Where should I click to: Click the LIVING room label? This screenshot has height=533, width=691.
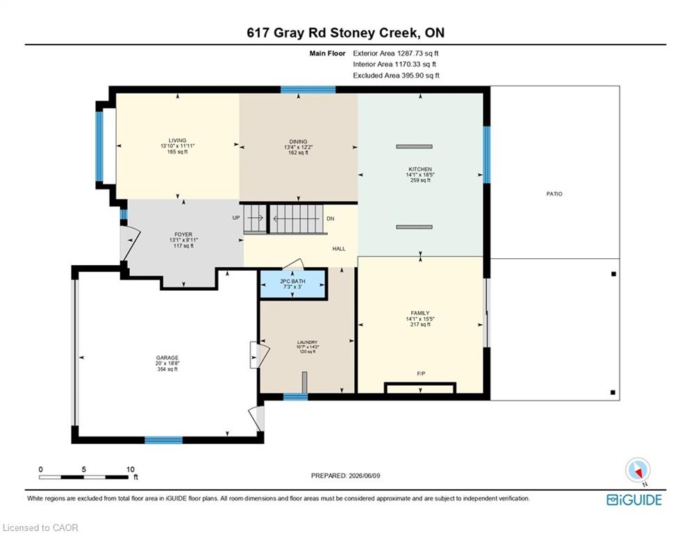pyautogui.click(x=177, y=140)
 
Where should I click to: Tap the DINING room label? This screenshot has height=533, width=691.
pyautogui.click(x=299, y=142)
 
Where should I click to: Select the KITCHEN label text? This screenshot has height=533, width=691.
pyautogui.click(x=420, y=169)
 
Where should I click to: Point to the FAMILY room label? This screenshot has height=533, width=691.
pyautogui.click(x=420, y=313)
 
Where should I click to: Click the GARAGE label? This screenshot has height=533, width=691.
pyautogui.click(x=167, y=357)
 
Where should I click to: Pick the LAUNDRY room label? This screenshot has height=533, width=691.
pyautogui.click(x=307, y=342)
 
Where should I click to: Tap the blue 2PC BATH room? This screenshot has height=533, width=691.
pyautogui.click(x=293, y=284)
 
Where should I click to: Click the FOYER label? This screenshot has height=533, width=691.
pyautogui.click(x=183, y=235)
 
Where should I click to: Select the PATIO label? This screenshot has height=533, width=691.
pyautogui.click(x=554, y=194)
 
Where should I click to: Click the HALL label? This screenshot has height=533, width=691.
pyautogui.click(x=339, y=249)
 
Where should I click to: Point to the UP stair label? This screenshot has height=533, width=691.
pyautogui.click(x=236, y=218)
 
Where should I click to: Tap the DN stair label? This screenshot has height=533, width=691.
pyautogui.click(x=331, y=219)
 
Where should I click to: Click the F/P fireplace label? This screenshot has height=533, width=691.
pyautogui.click(x=422, y=374)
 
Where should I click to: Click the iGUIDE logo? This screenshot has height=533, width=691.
pyautogui.click(x=634, y=500)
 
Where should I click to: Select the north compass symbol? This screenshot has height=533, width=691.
pyautogui.click(x=638, y=471)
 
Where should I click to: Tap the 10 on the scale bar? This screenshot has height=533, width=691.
pyautogui.click(x=130, y=469)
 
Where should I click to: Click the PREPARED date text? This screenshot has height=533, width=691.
pyautogui.click(x=346, y=475)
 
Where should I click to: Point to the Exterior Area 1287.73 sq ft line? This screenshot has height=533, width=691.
pyautogui.click(x=396, y=53)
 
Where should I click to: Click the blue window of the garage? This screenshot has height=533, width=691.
pyautogui.click(x=163, y=440)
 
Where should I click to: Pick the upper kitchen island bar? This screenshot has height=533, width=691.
pyautogui.click(x=414, y=146)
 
